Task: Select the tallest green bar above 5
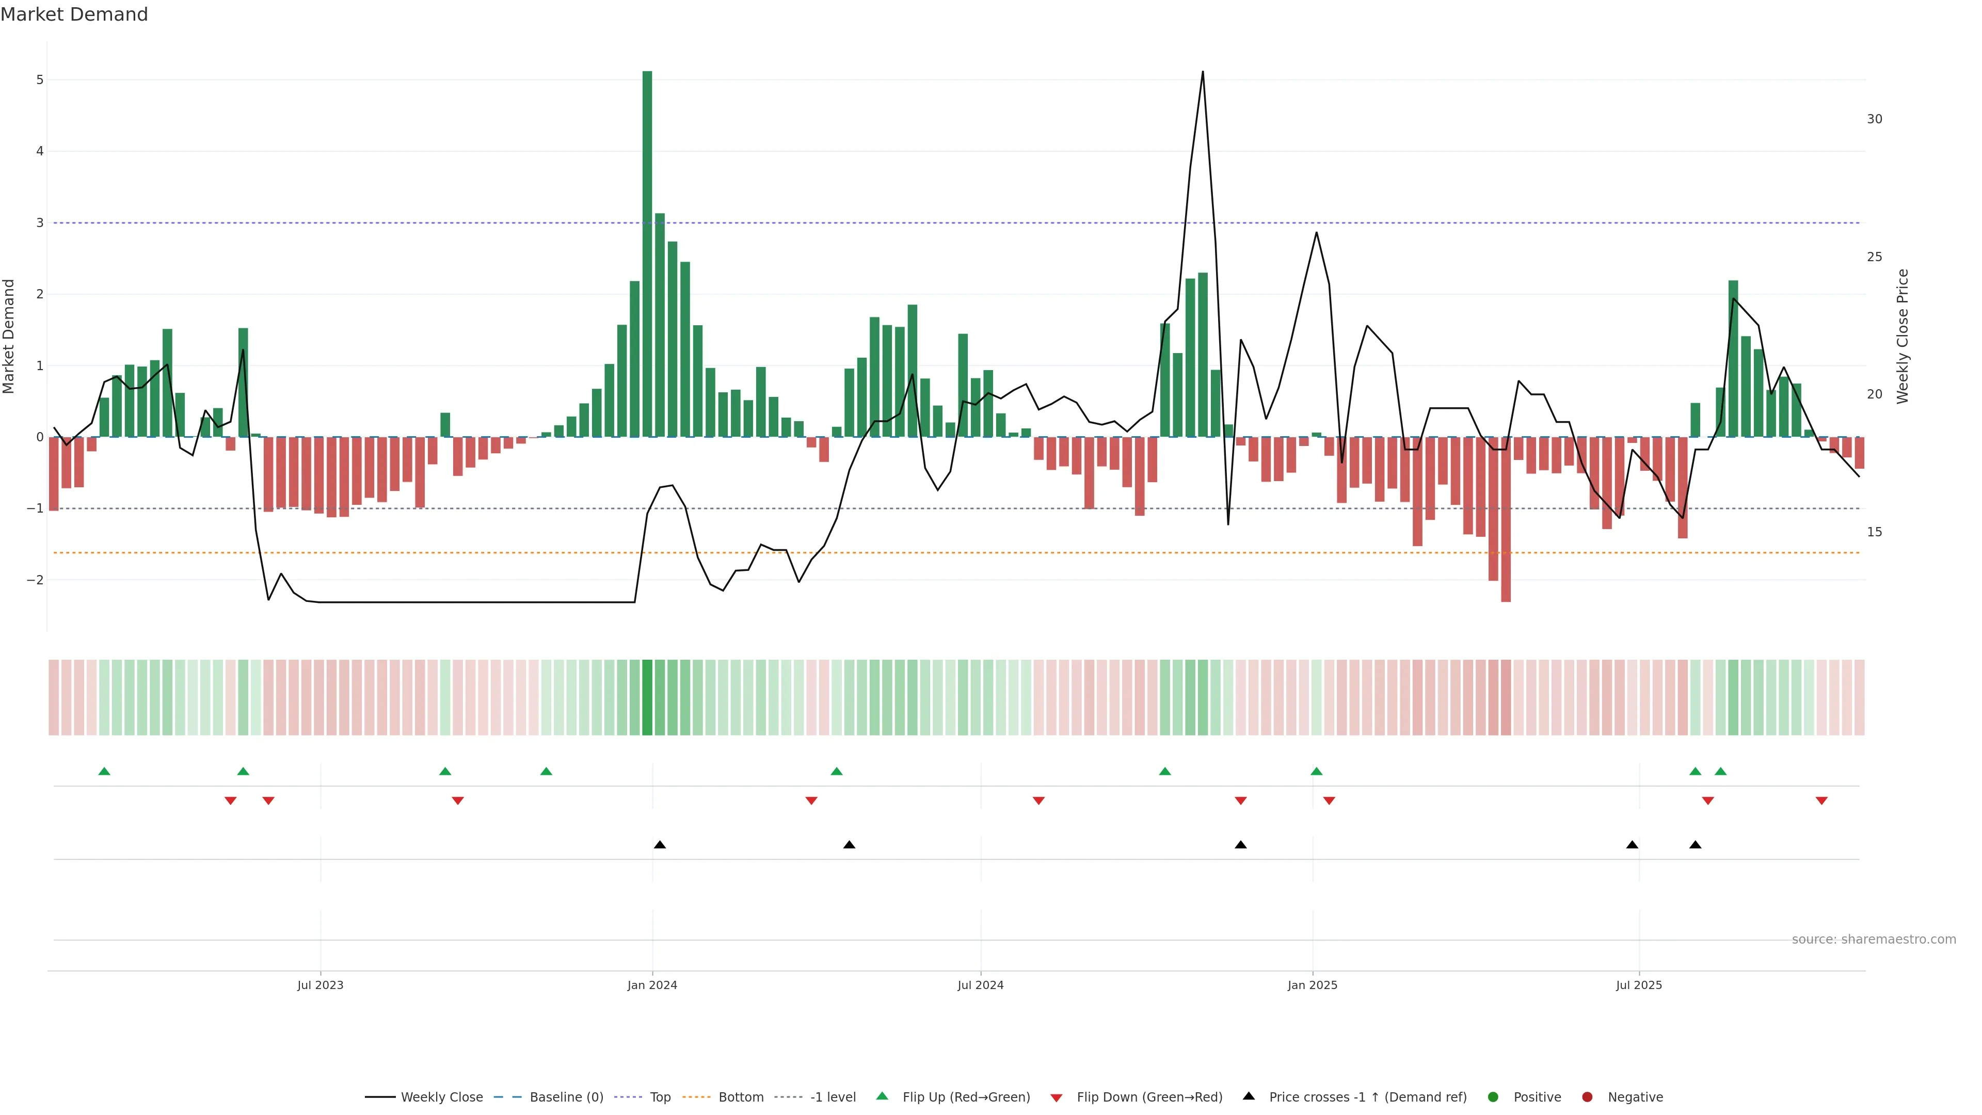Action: pyautogui.click(x=647, y=254)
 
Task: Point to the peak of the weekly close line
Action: pyautogui.click(x=1203, y=72)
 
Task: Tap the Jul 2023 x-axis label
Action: pyautogui.click(x=320, y=985)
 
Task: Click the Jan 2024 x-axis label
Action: pyautogui.click(x=652, y=985)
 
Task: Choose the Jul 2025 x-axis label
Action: pyautogui.click(x=1639, y=985)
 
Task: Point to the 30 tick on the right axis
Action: pyautogui.click(x=1874, y=119)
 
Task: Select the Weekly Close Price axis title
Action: pyautogui.click(x=1903, y=336)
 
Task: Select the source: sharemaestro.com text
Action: pyautogui.click(x=1874, y=939)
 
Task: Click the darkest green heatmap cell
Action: pyautogui.click(x=647, y=697)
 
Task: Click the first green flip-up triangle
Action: pyautogui.click(x=105, y=771)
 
